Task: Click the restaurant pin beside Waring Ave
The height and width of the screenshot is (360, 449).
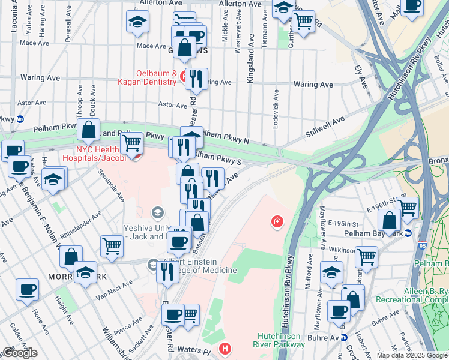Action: pyautogui.click(x=195, y=79)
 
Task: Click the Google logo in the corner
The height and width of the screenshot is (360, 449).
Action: pyautogui.click(x=20, y=353)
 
